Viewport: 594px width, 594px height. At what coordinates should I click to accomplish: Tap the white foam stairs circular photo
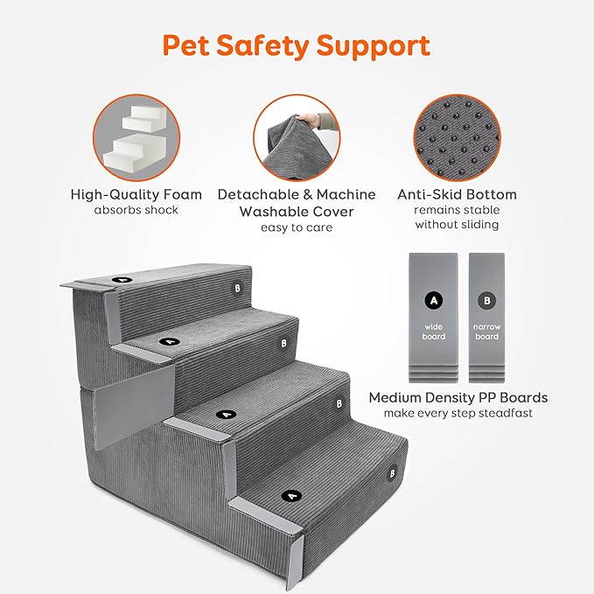(x=136, y=138)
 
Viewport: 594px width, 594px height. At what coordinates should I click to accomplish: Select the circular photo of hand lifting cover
(x=297, y=138)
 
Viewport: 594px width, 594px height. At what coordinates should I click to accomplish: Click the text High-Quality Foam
(x=136, y=194)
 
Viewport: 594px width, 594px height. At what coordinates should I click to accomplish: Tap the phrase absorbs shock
(x=136, y=210)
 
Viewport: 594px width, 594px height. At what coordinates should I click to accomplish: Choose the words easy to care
(x=297, y=227)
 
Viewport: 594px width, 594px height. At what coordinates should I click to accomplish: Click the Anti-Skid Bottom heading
(x=457, y=194)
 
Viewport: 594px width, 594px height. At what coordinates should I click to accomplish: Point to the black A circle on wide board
(x=433, y=300)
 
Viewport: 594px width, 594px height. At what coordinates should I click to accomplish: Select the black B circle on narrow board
(x=487, y=300)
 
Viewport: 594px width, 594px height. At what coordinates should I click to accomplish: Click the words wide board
(x=433, y=332)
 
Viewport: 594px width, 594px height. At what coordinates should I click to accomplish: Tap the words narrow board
(x=487, y=332)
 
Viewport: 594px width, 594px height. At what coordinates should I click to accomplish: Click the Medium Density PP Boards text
(x=458, y=397)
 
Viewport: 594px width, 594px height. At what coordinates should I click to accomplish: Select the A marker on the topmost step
(x=120, y=279)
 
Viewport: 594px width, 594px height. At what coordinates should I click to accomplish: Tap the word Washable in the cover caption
(x=280, y=211)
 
